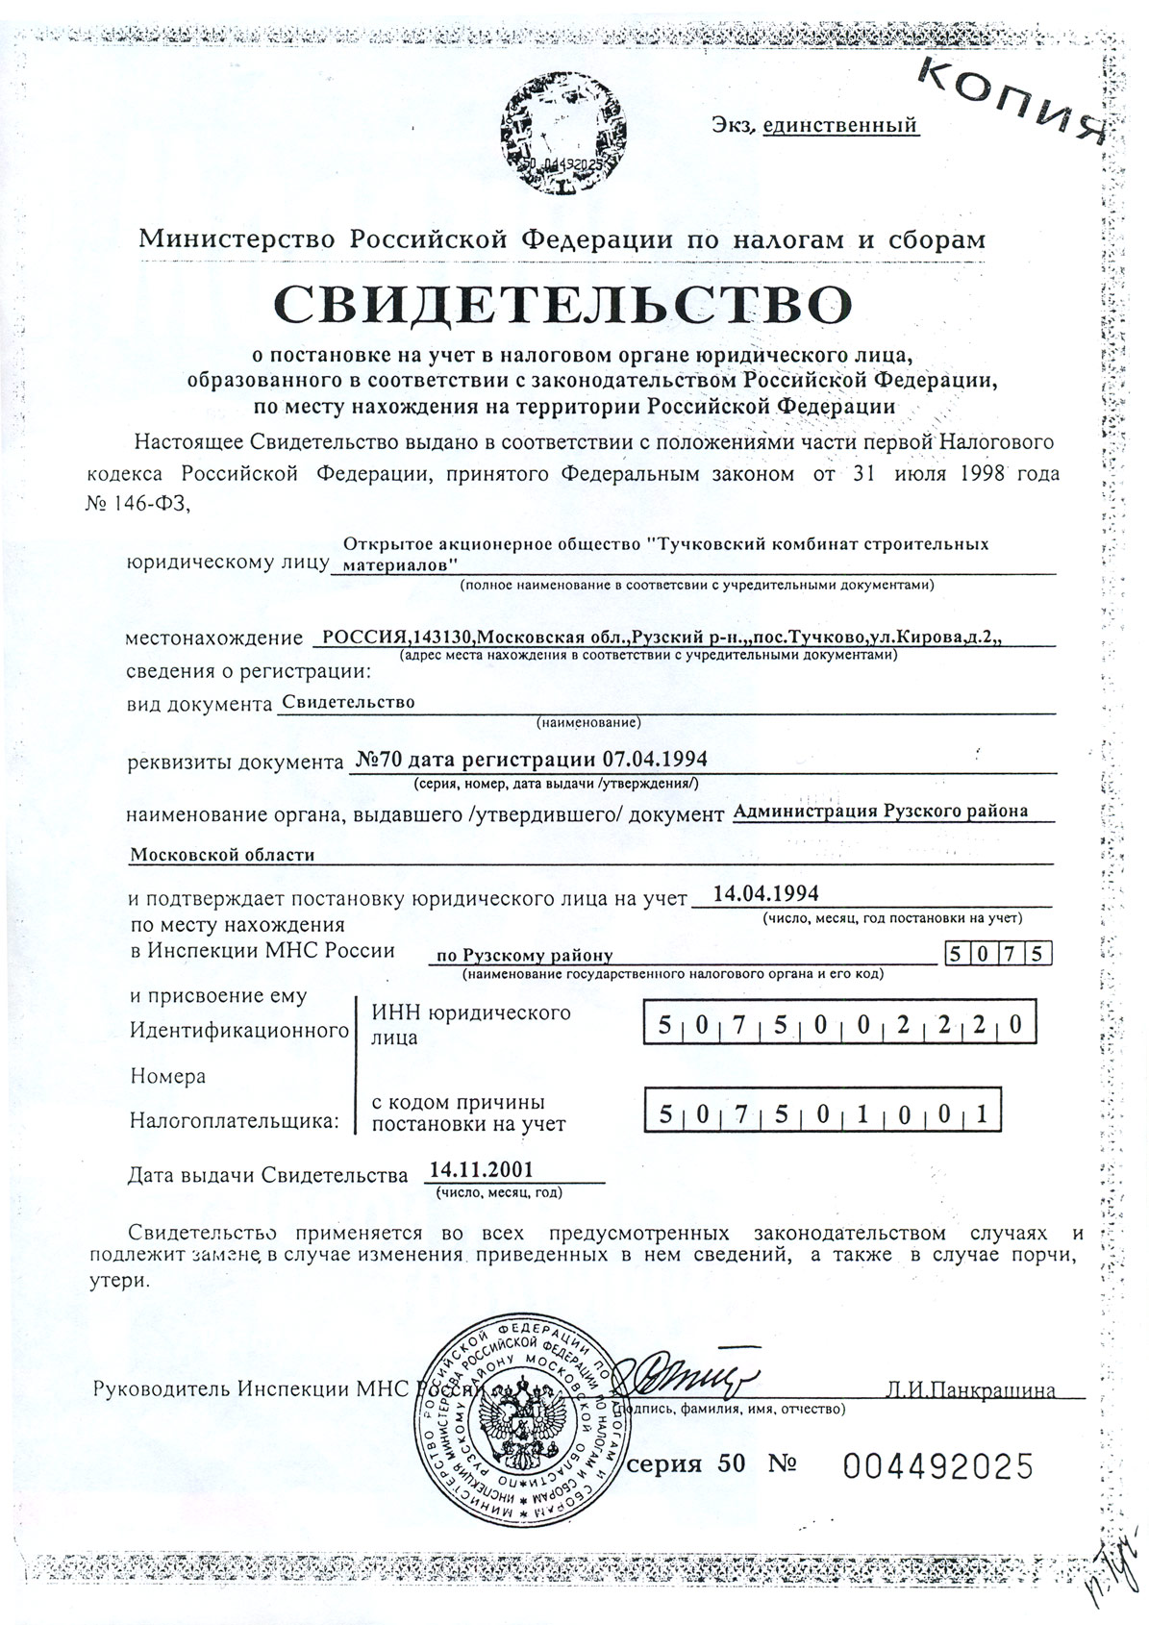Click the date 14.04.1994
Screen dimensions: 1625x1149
tap(769, 893)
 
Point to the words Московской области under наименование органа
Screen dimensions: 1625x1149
tap(223, 854)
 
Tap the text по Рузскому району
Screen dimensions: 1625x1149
tap(524, 956)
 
